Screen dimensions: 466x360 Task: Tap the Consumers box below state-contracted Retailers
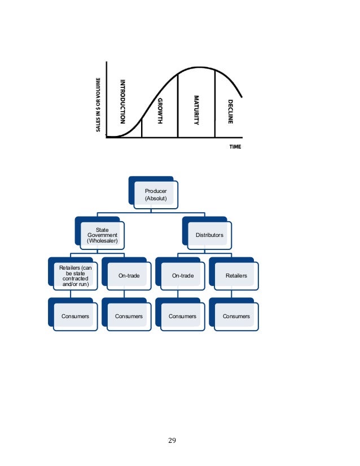click(74, 316)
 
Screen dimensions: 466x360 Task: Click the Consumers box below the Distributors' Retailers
click(236, 316)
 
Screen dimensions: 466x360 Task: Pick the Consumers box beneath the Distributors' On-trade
click(182, 316)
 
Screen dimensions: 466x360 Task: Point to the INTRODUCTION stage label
click(121, 102)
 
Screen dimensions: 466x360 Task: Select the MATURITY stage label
click(196, 109)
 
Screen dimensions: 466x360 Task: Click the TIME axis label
click(235, 146)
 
